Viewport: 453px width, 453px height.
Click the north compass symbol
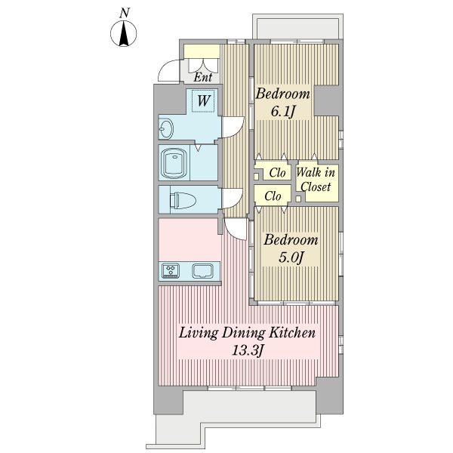(124, 33)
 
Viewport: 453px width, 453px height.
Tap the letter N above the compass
(125, 13)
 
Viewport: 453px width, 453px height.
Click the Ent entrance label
(202, 77)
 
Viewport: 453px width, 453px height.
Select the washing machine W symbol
(203, 100)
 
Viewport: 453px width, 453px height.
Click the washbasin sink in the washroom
(166, 129)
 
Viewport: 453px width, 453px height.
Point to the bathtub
(174, 163)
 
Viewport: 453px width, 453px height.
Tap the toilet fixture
(183, 200)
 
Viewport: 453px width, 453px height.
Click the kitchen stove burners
(171, 271)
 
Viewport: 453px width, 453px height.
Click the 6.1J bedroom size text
(282, 111)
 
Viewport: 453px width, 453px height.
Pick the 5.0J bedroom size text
(291, 257)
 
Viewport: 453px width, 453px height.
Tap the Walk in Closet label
(316, 180)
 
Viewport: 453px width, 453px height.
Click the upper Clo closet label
(277, 173)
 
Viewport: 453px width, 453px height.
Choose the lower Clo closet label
(273, 196)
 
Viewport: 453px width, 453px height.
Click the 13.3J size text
(248, 351)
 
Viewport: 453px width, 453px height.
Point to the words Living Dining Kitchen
(247, 333)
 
